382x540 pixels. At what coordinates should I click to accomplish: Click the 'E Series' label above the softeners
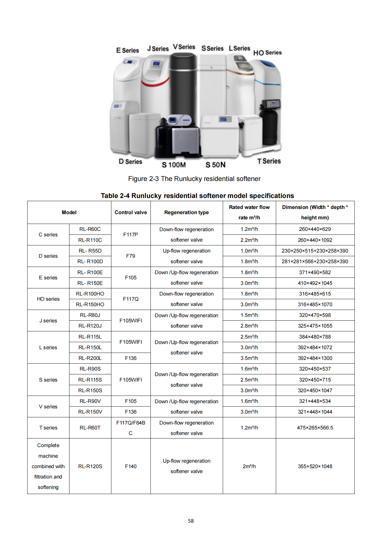(x=127, y=50)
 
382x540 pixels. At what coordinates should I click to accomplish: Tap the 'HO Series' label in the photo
(x=267, y=53)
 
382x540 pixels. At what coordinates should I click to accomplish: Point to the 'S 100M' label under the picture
(x=174, y=165)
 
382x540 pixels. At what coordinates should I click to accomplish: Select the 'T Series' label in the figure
(x=269, y=161)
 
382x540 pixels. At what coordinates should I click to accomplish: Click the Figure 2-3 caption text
(x=194, y=179)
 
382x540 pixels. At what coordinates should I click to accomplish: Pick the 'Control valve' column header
(x=131, y=212)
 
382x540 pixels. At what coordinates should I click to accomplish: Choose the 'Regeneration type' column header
(x=186, y=212)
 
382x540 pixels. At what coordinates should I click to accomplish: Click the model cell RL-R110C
(x=90, y=240)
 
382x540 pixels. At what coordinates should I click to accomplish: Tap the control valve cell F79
(x=131, y=256)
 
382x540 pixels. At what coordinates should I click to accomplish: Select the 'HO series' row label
(x=48, y=299)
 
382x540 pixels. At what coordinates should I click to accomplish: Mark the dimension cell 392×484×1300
(x=315, y=358)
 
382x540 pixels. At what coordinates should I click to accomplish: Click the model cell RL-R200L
(x=90, y=358)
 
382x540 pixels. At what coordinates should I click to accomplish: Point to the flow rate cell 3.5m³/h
(x=249, y=358)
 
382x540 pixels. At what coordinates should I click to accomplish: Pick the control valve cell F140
(x=131, y=466)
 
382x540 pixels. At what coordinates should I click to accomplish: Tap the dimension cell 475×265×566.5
(x=315, y=428)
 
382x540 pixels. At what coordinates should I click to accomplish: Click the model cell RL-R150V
(x=90, y=412)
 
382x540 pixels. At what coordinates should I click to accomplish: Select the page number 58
(x=191, y=521)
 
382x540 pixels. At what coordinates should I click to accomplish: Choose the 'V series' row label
(x=48, y=407)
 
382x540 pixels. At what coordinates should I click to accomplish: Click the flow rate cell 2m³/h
(x=249, y=466)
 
